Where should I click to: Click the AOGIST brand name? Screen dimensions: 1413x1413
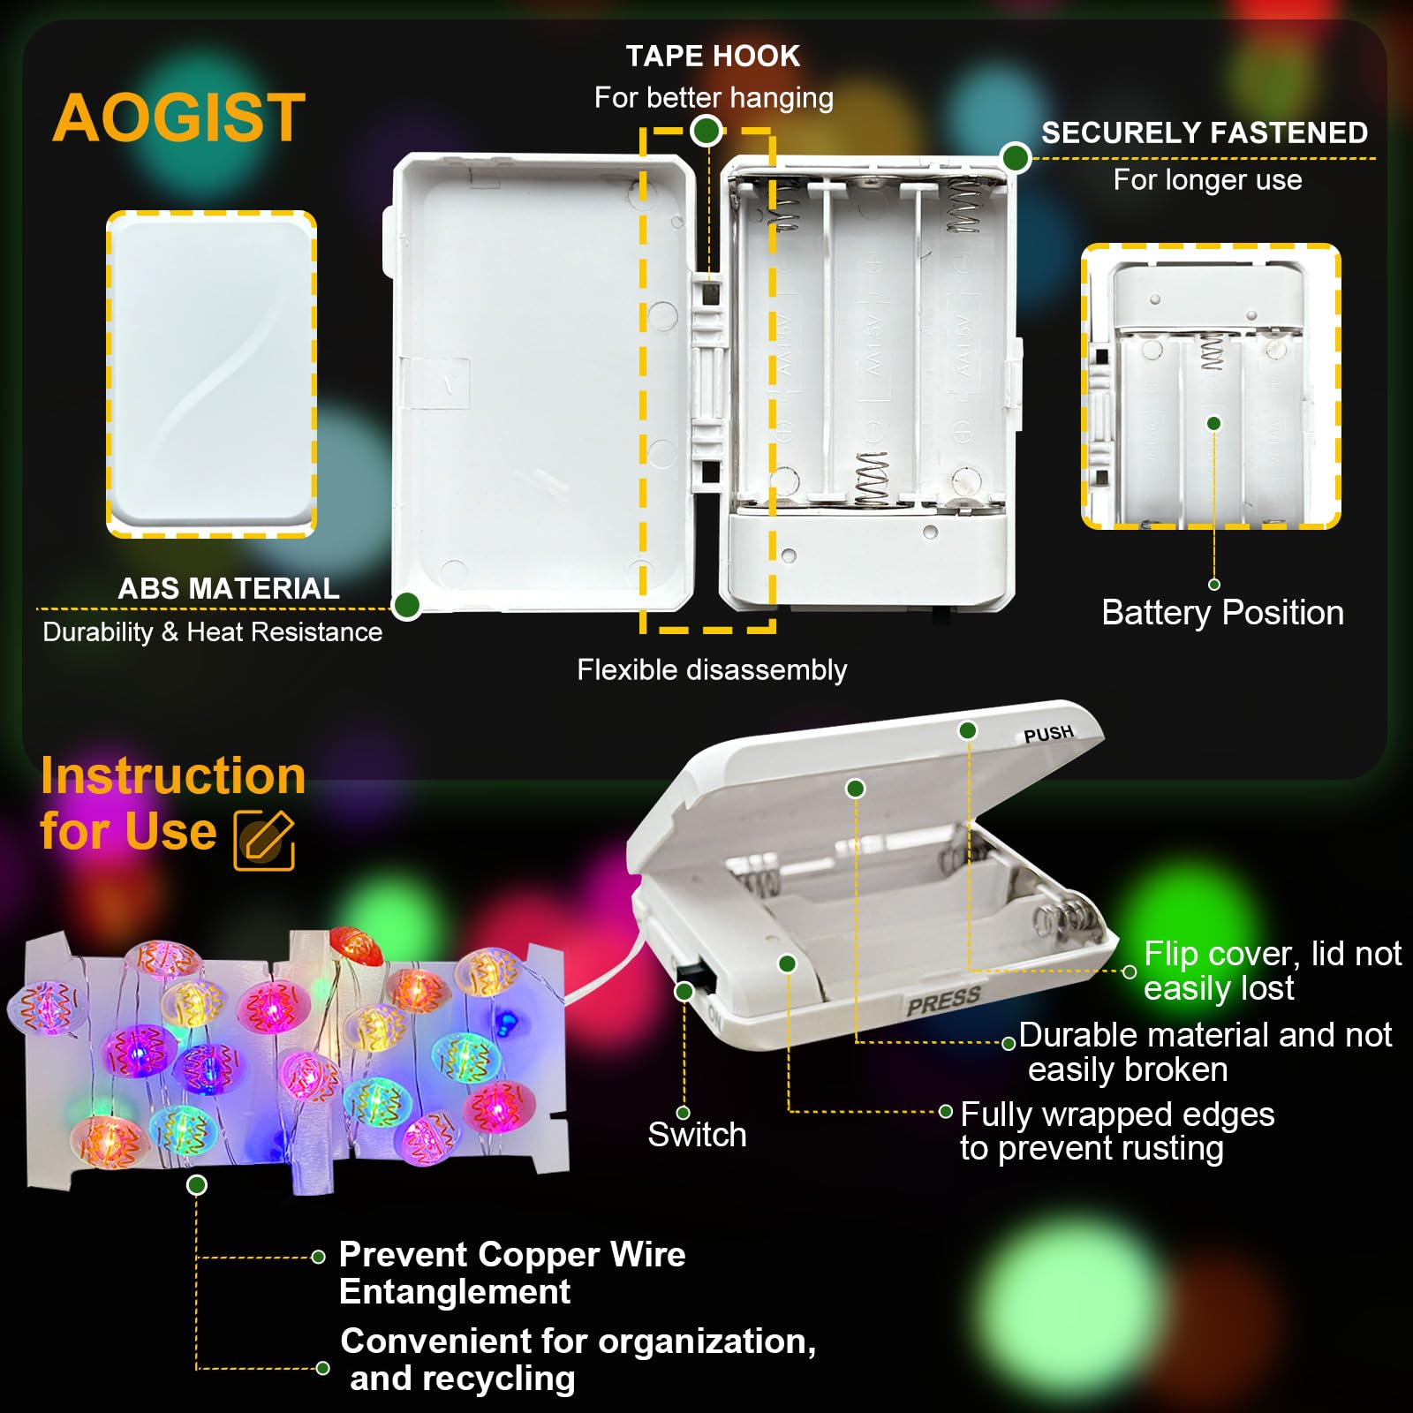(x=179, y=118)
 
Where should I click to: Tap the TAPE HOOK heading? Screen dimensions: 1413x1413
(x=713, y=57)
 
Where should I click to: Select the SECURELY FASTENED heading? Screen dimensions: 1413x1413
(x=1205, y=132)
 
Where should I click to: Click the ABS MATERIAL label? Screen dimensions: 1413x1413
(x=229, y=588)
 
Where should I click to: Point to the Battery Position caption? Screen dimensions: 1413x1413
(x=1222, y=613)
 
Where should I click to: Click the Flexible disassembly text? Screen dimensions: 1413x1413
(x=712, y=669)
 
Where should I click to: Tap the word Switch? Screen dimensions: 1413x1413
(x=697, y=1135)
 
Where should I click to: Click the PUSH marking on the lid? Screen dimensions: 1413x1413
(x=1048, y=734)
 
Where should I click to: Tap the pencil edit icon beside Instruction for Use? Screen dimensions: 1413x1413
(x=264, y=839)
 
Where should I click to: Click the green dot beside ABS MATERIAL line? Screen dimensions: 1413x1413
(x=406, y=606)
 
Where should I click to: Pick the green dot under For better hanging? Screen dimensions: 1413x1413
(x=706, y=131)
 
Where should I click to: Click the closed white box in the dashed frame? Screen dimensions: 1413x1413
(x=211, y=374)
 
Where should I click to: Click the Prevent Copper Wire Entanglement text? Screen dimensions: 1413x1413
(x=512, y=1273)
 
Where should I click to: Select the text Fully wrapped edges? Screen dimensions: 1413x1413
(x=1117, y=1115)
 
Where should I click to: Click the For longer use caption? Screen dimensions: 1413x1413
(x=1207, y=180)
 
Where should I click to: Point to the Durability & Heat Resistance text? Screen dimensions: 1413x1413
(x=212, y=632)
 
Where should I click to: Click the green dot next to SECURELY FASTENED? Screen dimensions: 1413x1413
(x=1016, y=158)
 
